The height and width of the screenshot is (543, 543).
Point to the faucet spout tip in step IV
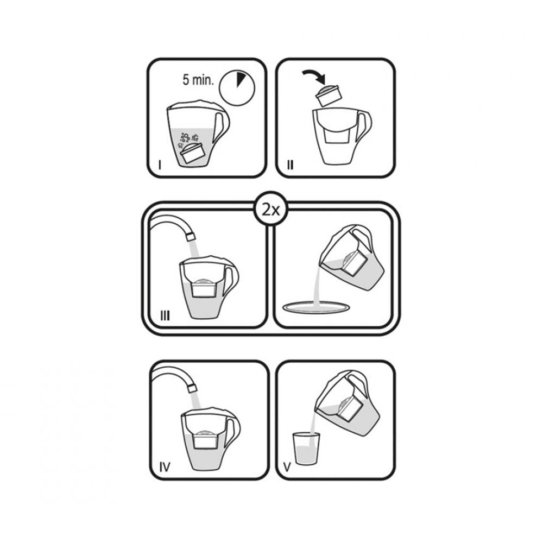pyautogui.click(x=190, y=385)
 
